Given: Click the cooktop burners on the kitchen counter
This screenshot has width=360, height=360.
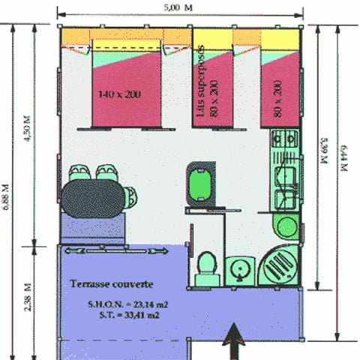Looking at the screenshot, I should [x=284, y=139].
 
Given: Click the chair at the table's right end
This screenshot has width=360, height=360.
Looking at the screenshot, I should [x=131, y=196].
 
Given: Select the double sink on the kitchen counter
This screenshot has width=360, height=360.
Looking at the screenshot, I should [x=285, y=187].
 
